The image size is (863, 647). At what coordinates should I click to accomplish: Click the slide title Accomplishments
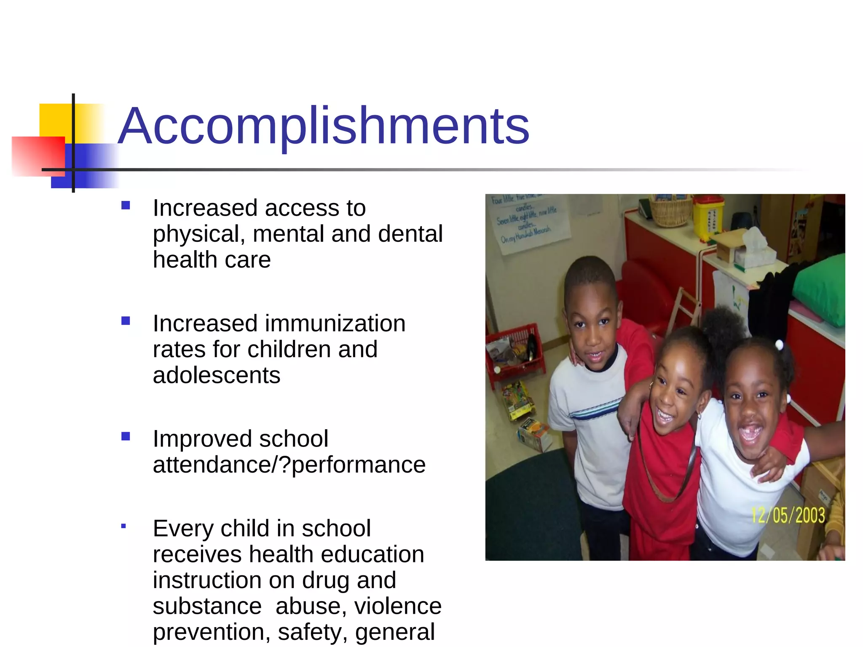(323, 126)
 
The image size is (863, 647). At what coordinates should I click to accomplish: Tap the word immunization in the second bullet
(335, 323)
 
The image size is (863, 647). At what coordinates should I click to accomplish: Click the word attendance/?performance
(289, 465)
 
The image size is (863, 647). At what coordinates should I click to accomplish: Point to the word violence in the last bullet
(398, 606)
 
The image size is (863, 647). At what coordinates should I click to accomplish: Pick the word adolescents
(217, 375)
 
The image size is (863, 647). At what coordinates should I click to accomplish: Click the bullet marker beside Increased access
(126, 206)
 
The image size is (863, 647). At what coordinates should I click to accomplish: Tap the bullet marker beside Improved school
(126, 436)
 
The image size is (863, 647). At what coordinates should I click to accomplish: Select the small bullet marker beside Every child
(123, 526)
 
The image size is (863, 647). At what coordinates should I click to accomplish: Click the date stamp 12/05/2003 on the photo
(788, 515)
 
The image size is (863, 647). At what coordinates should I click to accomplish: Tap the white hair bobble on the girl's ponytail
(779, 346)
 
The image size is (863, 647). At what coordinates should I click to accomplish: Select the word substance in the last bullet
(207, 606)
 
